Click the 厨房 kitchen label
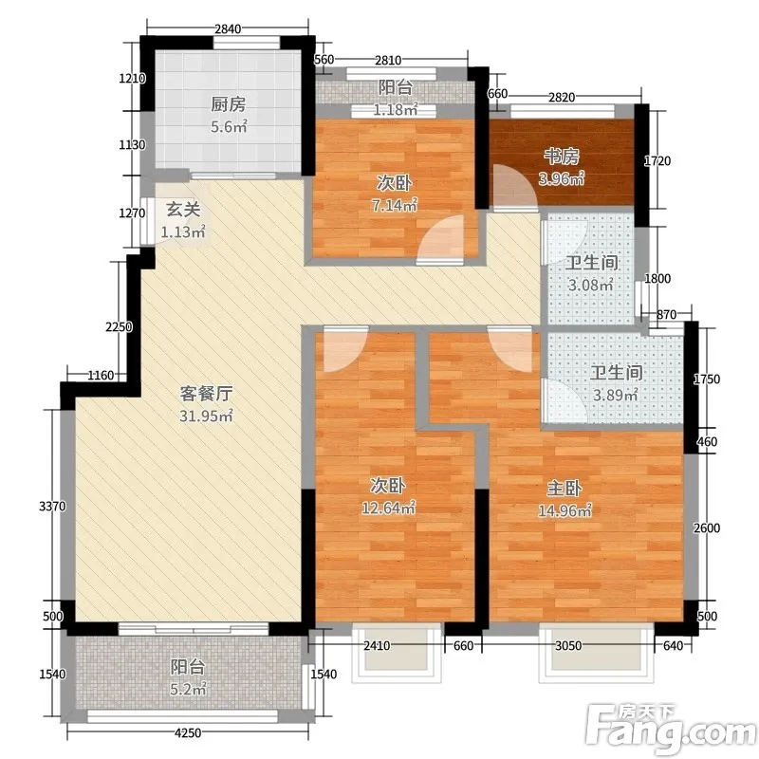228,104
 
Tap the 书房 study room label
562,157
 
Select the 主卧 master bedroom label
564,489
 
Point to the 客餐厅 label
206,394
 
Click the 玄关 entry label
183,210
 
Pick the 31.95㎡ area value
206,416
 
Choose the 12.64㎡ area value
389,509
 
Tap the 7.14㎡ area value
395,206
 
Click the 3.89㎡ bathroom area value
616,395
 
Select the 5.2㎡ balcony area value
188,689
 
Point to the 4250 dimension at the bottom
188,732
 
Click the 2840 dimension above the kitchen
228,29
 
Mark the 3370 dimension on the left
52,507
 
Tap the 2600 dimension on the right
707,528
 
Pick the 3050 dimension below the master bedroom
568,645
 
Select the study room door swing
514,188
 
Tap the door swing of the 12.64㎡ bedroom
344,349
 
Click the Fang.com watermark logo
672,728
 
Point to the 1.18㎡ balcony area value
396,110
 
